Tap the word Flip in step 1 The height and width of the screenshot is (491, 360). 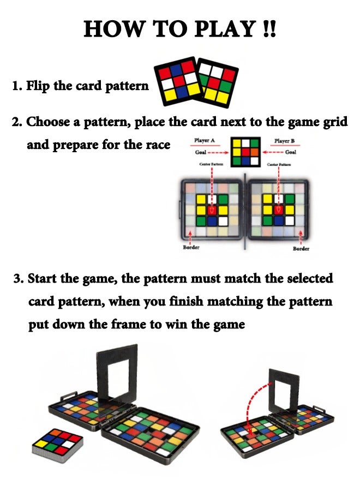pyautogui.click(x=38, y=86)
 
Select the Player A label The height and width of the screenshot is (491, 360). pyautogui.click(x=205, y=141)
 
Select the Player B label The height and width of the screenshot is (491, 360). pyautogui.click(x=284, y=141)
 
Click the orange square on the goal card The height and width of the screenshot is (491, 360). pyautogui.click(x=255, y=152)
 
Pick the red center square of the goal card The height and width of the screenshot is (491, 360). pyautogui.click(x=246, y=152)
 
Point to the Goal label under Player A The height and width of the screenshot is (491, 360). pyautogui.click(x=201, y=152)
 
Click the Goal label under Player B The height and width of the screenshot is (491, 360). pyautogui.click(x=291, y=152)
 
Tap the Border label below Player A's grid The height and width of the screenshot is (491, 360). pyautogui.click(x=191, y=247)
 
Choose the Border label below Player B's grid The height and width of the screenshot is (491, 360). pyautogui.click(x=301, y=248)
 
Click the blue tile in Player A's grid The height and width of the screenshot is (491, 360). pyautogui.click(x=212, y=221)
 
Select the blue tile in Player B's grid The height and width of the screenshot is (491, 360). pyautogui.click(x=279, y=221)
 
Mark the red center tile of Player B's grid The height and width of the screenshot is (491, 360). pyautogui.click(x=278, y=210)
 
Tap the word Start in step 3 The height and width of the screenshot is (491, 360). pyautogui.click(x=42, y=278)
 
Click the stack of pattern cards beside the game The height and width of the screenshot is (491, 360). pyautogui.click(x=58, y=445)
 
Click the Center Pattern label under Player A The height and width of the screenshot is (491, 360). pyautogui.click(x=211, y=164)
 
